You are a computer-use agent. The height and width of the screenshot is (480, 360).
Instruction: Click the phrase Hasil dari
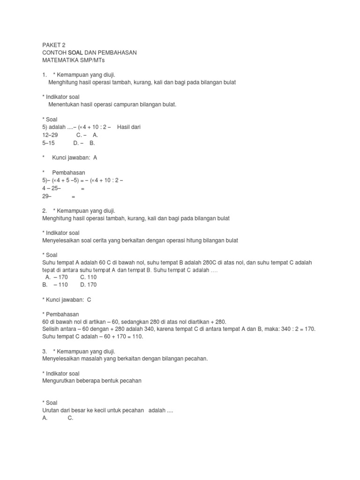pos(129,127)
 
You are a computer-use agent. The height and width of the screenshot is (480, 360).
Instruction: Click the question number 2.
pos(44,211)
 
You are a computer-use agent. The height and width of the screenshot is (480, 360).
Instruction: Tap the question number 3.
pos(44,351)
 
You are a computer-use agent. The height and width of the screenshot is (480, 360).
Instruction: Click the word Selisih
pos(51,329)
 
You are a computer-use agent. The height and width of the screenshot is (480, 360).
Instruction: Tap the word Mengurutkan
pos(59,381)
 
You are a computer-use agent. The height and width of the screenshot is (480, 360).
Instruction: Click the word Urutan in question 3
pos(51,410)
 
